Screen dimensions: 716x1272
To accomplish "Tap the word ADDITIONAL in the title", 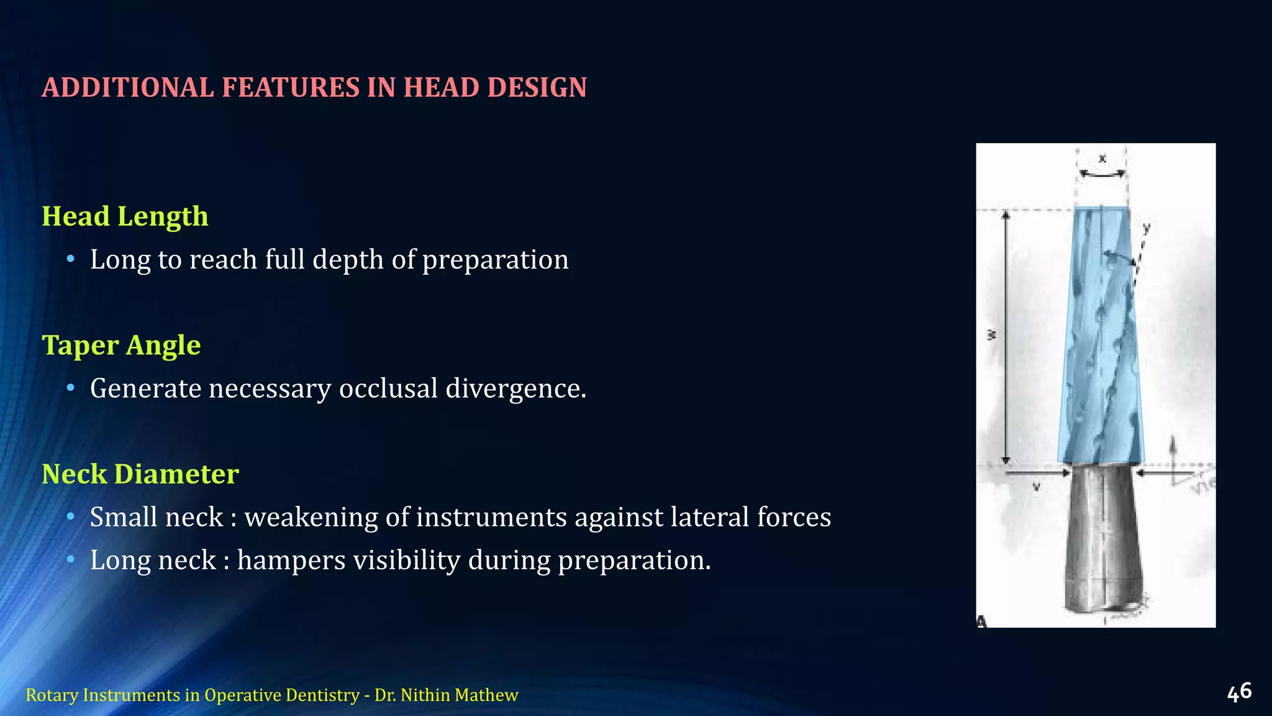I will (x=128, y=88).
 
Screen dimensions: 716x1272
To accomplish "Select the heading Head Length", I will (x=125, y=217).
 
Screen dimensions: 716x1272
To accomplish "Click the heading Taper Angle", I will (x=121, y=346).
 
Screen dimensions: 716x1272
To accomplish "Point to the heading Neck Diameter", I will (x=140, y=474).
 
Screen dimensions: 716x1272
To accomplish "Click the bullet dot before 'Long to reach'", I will (x=71, y=259).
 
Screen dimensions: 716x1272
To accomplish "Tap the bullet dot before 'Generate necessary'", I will (x=71, y=388).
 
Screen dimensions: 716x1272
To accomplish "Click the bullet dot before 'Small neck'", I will (x=71, y=517).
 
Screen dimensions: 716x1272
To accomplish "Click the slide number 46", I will (x=1239, y=692).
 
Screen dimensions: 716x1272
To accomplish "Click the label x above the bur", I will (x=1102, y=159).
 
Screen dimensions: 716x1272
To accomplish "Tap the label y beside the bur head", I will (x=1147, y=228).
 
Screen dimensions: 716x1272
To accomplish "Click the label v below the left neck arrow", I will (x=1036, y=488).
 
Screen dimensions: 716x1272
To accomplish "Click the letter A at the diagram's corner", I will (x=982, y=621).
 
